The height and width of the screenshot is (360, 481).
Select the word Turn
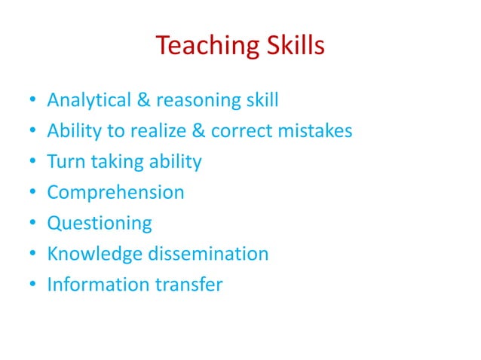[65, 161]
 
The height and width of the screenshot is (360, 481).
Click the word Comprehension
[115, 193]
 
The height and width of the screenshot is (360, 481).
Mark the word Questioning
[99, 224]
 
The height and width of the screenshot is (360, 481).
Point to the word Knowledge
[92, 254]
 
